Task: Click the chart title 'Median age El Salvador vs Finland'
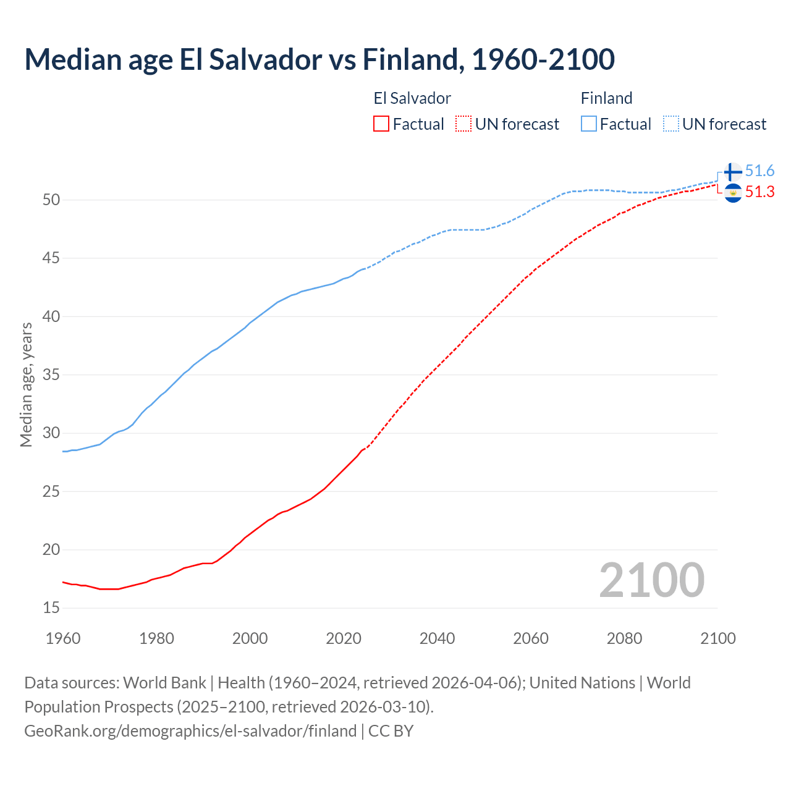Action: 319,59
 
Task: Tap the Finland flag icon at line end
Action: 732,172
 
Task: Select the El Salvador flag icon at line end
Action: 732,193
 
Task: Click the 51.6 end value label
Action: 759,171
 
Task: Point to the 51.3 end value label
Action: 759,192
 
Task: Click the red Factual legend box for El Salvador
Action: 381,124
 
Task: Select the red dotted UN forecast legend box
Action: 463,124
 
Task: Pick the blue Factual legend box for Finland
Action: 589,124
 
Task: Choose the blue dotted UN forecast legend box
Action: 670,124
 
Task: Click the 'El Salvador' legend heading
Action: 412,98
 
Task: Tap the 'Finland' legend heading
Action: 606,98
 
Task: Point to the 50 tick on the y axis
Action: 51,200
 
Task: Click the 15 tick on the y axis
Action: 51,608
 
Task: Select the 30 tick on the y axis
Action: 51,433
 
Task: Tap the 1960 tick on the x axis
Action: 63,638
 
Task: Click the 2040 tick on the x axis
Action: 437,638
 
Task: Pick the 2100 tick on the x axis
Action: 717,638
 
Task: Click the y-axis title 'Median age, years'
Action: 26,384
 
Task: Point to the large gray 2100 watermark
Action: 651,580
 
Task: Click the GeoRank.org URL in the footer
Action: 190,731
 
